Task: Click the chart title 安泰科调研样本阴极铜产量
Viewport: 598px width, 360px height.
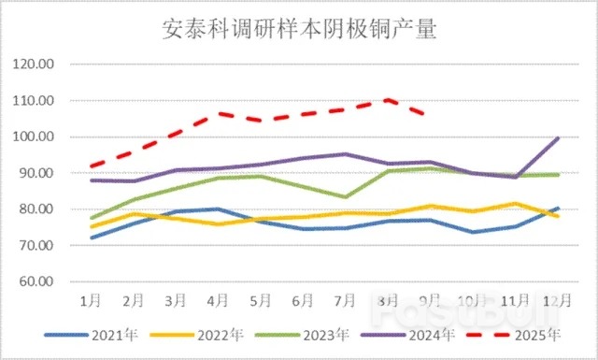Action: (299, 32)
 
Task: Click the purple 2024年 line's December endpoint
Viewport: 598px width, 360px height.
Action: (558, 138)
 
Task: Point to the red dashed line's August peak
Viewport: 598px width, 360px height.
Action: (388, 99)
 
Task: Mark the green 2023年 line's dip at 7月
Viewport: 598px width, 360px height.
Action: (346, 197)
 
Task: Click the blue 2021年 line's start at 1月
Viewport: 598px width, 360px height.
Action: (91, 238)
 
